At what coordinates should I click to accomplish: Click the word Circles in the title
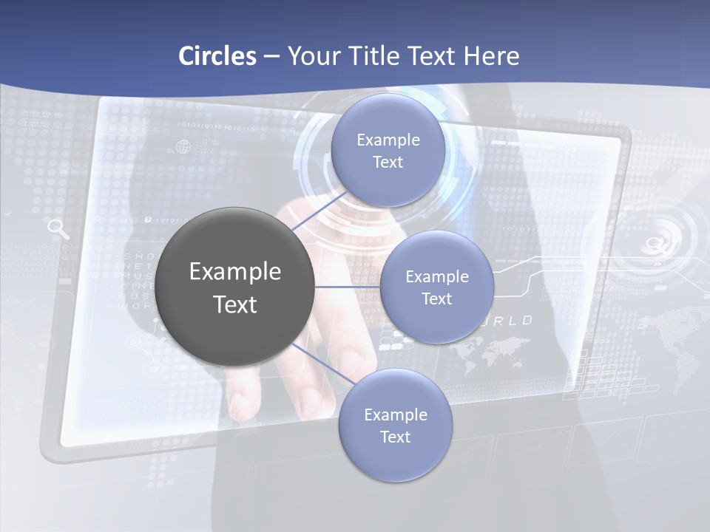(217, 56)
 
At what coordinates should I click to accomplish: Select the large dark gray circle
(234, 287)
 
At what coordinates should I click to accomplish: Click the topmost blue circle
(387, 150)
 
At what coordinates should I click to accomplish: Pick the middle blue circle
(436, 287)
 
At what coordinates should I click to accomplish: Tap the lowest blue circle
(395, 425)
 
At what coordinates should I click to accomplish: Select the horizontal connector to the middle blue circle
(346, 287)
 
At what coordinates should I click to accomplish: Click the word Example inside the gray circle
(234, 272)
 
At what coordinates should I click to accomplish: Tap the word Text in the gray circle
(234, 304)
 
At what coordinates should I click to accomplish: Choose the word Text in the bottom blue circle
(395, 437)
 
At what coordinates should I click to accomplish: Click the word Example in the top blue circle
(388, 140)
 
